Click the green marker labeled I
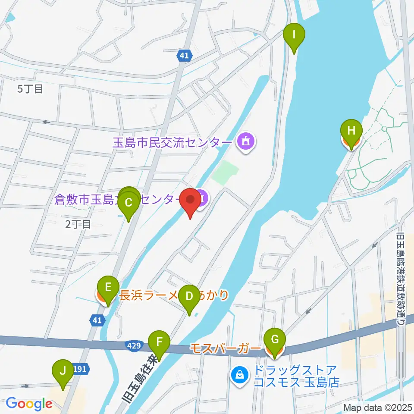(x=294, y=34)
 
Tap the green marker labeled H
(x=351, y=131)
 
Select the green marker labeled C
(x=128, y=202)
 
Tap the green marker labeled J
(x=63, y=371)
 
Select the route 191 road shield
(x=82, y=369)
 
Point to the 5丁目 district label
(x=30, y=89)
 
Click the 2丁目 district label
(x=78, y=224)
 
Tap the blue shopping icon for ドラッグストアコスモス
(x=239, y=374)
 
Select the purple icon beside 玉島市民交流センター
(x=246, y=142)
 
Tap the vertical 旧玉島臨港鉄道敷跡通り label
(x=401, y=280)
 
